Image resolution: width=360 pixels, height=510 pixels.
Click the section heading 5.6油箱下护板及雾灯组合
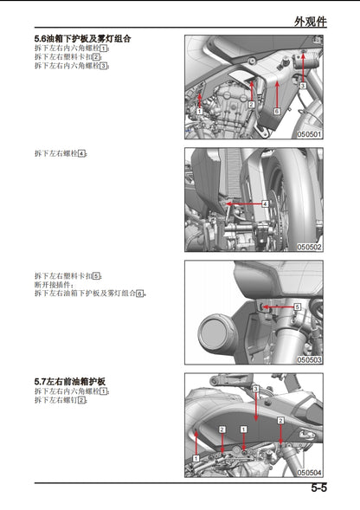coord(83,39)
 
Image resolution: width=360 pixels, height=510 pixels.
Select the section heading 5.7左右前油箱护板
coord(70,381)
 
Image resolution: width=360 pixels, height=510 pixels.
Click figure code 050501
coord(309,134)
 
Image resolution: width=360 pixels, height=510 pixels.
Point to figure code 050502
coord(309,247)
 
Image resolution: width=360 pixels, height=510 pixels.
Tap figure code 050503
coord(309,359)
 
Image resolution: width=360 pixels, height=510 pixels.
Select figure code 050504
coord(309,472)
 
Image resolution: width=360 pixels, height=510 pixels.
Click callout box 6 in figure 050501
coord(276,112)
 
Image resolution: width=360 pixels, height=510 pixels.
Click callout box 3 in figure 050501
coord(303,87)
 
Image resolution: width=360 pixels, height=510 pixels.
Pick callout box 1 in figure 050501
coord(199,112)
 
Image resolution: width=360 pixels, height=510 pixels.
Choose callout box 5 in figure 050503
coord(297,307)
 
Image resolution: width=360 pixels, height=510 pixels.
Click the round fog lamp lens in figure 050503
coord(213,332)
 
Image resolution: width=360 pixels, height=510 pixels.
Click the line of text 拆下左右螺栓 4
coord(61,153)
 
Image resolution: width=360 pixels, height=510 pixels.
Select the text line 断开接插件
coord(54,284)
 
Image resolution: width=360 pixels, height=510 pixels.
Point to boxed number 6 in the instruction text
coord(138,294)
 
